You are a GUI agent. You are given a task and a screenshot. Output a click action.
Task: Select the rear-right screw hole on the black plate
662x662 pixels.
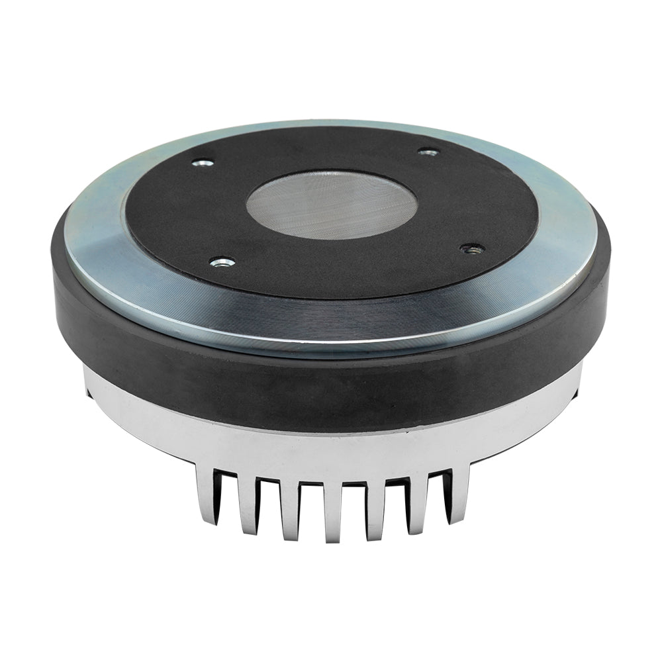pyautogui.click(x=429, y=152)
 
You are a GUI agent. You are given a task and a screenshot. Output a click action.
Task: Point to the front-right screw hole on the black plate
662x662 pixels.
pyautogui.click(x=472, y=249)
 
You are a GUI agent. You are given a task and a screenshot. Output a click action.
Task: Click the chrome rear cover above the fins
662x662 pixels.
pyautogui.click(x=331, y=450)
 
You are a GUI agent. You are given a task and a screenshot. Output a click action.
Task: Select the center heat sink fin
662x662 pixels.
pyautogui.click(x=332, y=513)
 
